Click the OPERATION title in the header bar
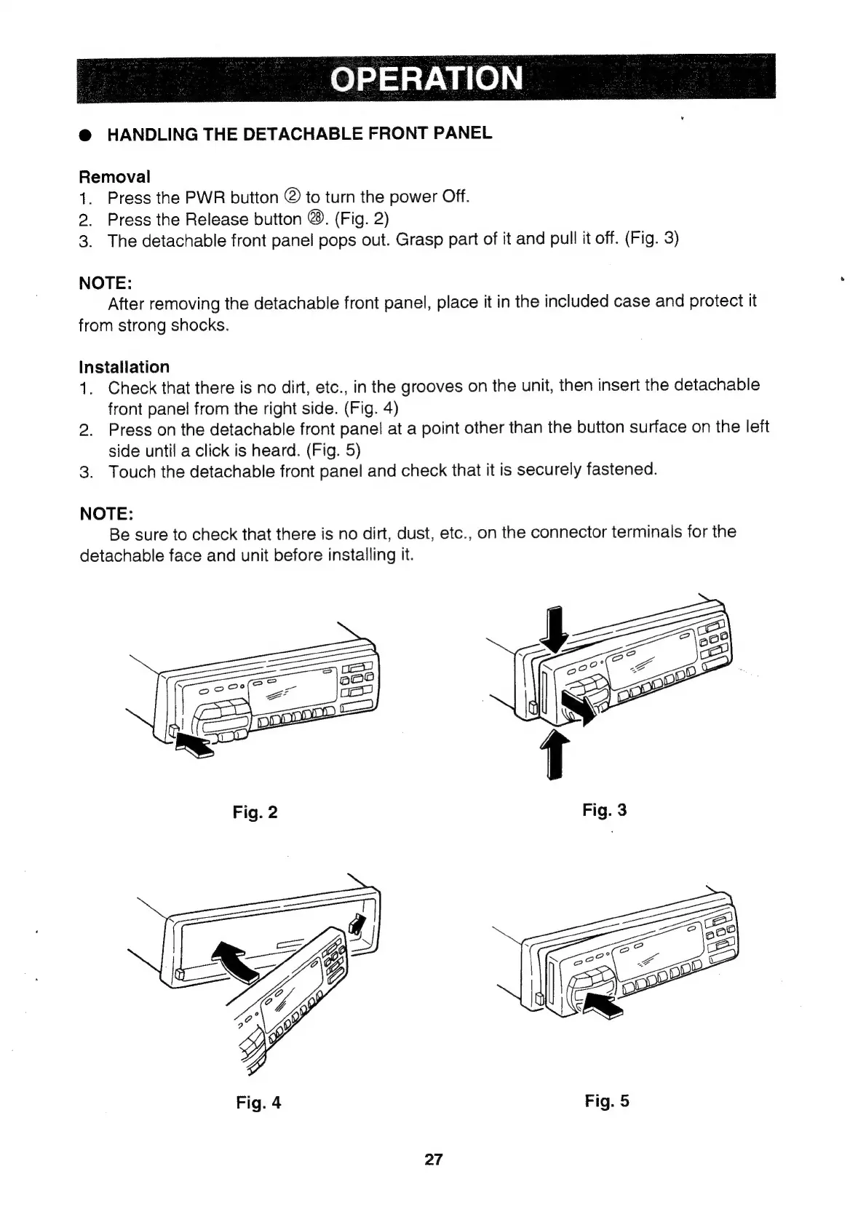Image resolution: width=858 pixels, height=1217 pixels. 426,78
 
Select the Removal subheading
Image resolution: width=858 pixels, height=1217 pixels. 114,177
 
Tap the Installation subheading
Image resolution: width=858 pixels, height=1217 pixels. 124,367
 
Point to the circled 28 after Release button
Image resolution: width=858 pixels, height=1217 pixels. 315,219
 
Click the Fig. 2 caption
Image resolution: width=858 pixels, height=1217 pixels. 255,812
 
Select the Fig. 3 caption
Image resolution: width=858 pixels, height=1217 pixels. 604,810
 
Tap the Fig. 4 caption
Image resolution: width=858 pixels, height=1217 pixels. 258,1103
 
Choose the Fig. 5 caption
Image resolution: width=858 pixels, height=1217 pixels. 606,1101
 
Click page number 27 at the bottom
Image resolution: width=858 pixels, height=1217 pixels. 433,1159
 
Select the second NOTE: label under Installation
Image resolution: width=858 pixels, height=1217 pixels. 106,513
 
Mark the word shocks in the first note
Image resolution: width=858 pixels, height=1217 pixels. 199,325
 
